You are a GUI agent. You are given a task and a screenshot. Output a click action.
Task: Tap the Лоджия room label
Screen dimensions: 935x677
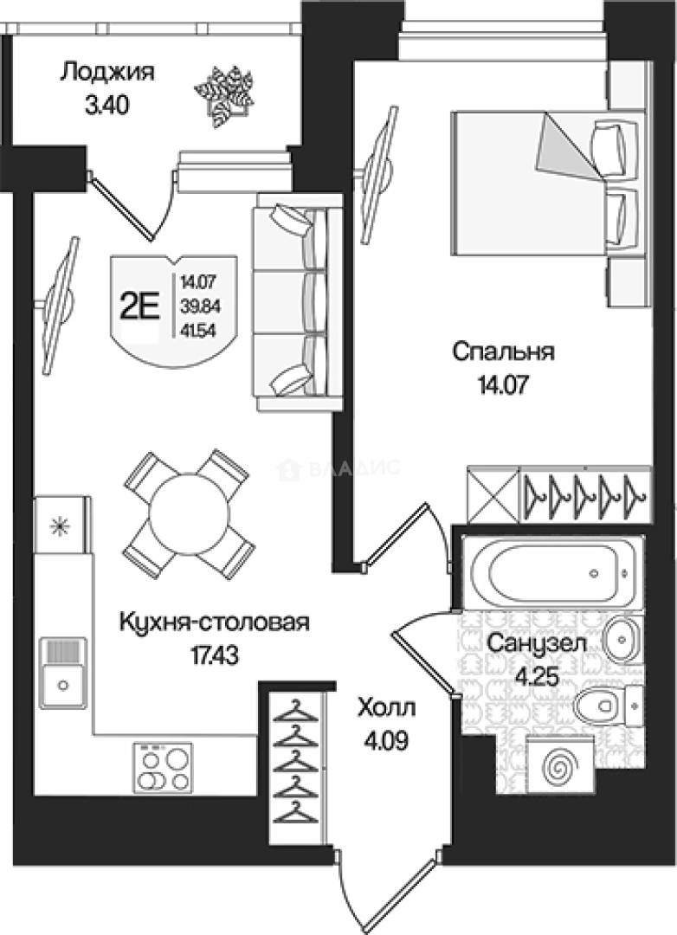coord(107,72)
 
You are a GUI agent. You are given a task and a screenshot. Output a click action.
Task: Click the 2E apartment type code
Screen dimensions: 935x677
coord(139,306)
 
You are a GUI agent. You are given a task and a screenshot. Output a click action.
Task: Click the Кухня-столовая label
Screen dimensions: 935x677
coord(214,622)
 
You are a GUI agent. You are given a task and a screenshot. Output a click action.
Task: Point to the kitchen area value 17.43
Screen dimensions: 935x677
coord(214,654)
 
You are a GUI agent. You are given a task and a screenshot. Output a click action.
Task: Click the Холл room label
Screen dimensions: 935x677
coord(387,709)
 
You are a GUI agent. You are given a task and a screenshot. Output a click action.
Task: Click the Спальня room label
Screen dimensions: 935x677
coord(504,352)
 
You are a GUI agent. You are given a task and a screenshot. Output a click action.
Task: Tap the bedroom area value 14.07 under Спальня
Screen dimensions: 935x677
coord(504,384)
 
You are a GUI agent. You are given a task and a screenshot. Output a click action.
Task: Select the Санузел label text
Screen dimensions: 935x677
coord(536,643)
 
